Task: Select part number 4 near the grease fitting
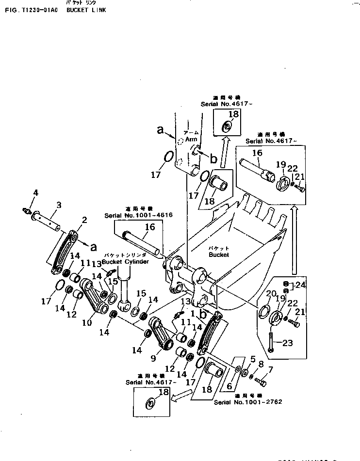(x=35, y=194)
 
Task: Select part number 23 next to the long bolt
(x=288, y=343)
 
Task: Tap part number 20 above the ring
(x=270, y=293)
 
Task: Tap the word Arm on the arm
(x=190, y=139)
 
